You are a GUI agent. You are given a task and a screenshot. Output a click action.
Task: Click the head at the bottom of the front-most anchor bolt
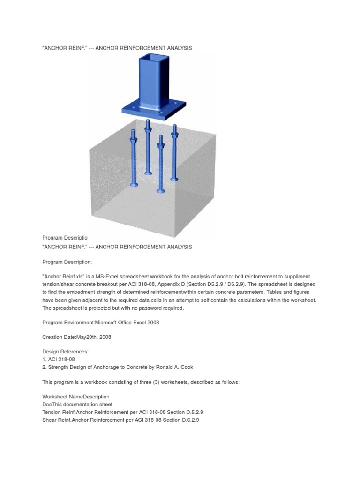161,191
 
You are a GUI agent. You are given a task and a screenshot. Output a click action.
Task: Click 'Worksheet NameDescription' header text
75,397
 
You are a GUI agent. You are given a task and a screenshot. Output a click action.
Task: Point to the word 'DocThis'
52,404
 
